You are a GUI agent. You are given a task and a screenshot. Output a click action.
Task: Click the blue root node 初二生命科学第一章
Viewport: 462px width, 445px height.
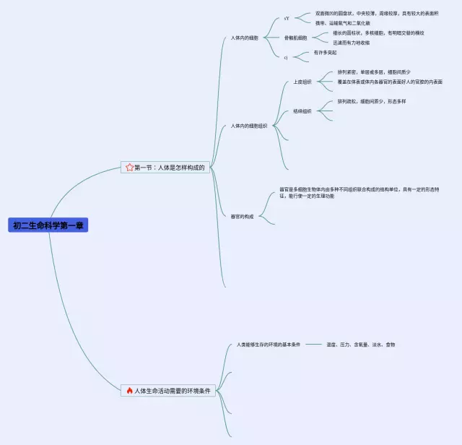(48, 225)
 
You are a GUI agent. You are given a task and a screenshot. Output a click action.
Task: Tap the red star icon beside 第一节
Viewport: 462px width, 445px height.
(130, 168)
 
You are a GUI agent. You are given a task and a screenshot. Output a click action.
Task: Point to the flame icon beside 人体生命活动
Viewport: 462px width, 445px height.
(129, 391)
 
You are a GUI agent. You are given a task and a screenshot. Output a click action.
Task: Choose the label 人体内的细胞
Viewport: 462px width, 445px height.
(244, 38)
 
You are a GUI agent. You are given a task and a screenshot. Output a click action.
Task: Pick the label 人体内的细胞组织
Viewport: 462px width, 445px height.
(249, 126)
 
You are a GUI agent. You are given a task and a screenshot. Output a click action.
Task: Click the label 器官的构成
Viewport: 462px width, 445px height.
(242, 217)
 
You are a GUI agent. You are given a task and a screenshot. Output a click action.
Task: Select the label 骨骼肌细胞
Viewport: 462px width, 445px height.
(295, 38)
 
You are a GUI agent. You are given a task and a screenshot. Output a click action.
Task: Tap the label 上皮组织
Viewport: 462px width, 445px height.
(302, 82)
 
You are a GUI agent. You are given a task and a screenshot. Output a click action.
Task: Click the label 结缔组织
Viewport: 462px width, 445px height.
(302, 111)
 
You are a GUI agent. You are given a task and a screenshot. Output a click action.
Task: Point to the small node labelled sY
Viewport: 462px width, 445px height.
(287, 18)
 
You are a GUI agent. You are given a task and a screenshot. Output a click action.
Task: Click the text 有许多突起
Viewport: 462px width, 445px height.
(325, 52)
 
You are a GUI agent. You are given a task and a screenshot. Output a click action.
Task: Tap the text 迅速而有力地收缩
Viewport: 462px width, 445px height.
(351, 43)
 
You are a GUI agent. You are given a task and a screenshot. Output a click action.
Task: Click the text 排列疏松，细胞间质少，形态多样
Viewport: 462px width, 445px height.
(371, 101)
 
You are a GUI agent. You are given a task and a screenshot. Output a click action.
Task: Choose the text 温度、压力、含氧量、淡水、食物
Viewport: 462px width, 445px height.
(360, 345)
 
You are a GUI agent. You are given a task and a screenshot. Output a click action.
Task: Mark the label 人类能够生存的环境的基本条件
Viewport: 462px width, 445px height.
(268, 345)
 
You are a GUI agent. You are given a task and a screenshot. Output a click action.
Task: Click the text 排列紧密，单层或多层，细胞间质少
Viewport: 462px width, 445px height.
(373, 72)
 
